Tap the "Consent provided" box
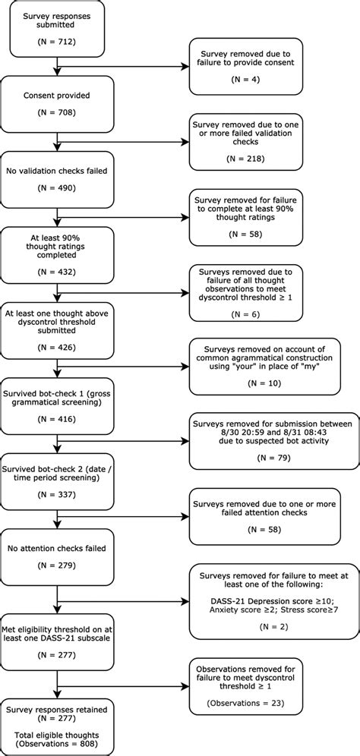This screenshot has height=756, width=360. (58, 104)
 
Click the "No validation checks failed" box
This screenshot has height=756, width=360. (58, 179)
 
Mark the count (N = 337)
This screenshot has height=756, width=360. (58, 496)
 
